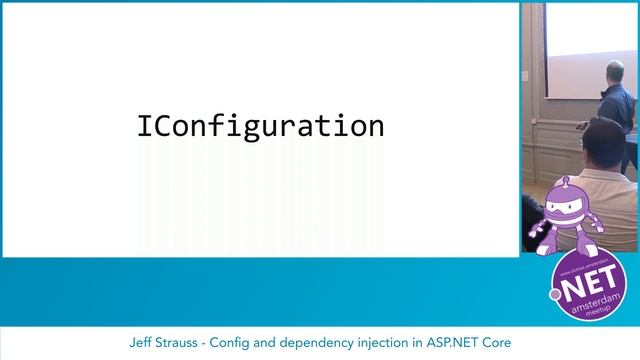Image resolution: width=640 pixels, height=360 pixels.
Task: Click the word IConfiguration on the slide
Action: tap(260, 127)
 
